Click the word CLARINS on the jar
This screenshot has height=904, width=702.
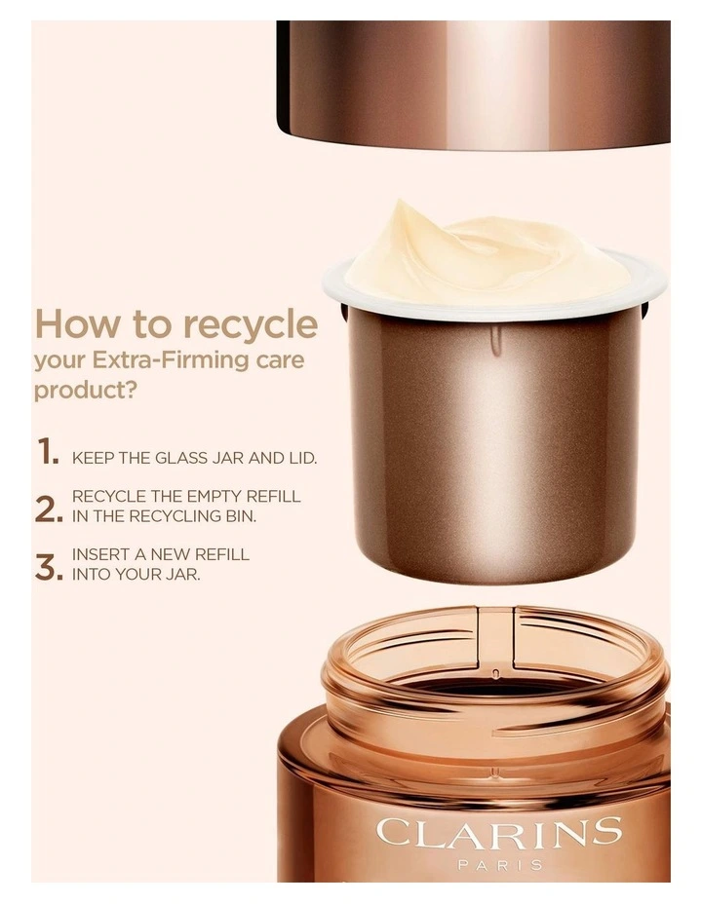(x=498, y=833)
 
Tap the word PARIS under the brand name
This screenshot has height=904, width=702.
(x=498, y=864)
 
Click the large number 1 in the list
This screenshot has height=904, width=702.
(x=47, y=451)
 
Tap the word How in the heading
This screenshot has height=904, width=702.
(x=73, y=323)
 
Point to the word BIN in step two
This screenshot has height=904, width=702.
(x=242, y=516)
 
